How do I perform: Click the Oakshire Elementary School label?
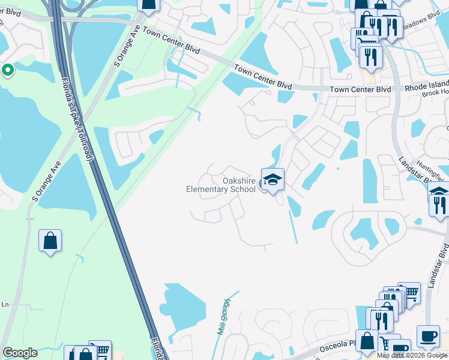tap(221, 185)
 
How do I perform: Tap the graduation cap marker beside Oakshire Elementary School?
tap(272, 180)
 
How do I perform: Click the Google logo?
tap(20, 353)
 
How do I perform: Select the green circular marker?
tap(8, 71)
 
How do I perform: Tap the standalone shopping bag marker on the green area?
tap(50, 241)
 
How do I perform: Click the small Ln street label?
tap(5, 305)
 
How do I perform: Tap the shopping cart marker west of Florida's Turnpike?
tap(101, 352)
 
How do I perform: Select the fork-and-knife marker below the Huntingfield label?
tap(441, 205)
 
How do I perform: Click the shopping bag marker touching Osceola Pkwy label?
tap(367, 341)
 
